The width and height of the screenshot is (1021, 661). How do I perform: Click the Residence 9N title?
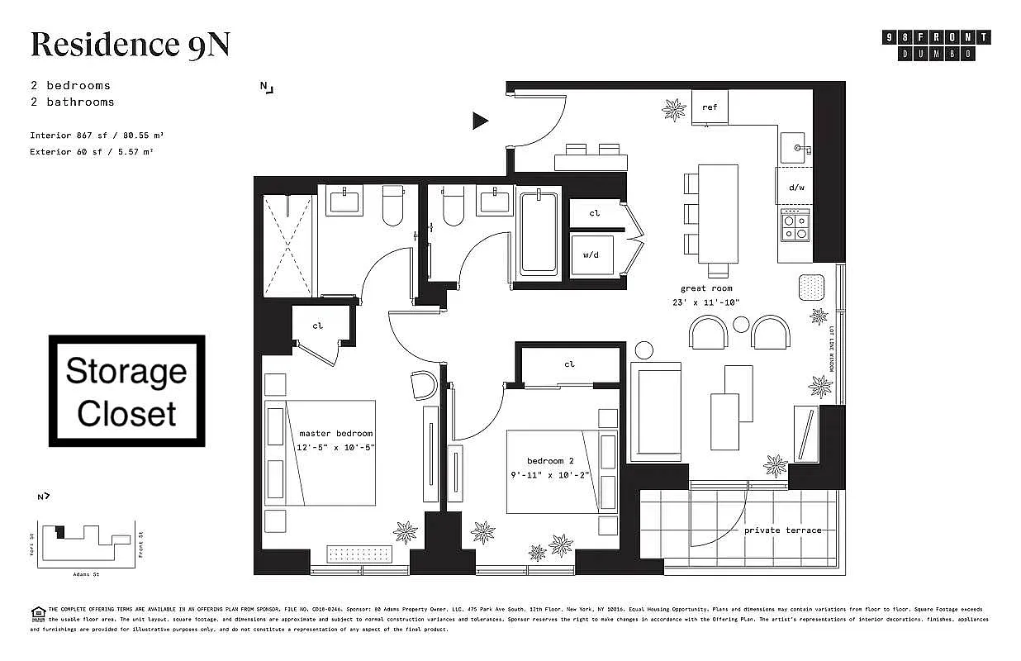[130, 45]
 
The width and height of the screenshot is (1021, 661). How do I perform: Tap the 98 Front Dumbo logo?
[937, 45]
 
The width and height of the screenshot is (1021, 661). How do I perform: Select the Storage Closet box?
[126, 392]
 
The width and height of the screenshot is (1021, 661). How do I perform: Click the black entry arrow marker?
[480, 121]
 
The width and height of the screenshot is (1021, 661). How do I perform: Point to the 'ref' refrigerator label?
[710, 107]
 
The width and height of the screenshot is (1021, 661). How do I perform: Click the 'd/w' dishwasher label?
[795, 188]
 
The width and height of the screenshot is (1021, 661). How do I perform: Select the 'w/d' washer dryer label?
[591, 255]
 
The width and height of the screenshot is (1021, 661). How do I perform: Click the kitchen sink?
[795, 148]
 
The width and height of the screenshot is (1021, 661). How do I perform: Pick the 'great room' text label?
[705, 288]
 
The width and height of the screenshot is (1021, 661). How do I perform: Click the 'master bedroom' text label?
[335, 433]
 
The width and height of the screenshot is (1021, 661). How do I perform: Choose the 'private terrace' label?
[782, 530]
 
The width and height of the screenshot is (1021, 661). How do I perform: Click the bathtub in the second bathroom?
[538, 234]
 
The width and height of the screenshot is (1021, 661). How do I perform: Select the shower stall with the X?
[287, 245]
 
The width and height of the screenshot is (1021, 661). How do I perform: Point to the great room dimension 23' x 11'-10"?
[705, 302]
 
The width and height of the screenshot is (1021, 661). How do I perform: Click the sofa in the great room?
[656, 411]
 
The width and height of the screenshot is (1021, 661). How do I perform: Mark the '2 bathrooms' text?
[72, 102]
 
